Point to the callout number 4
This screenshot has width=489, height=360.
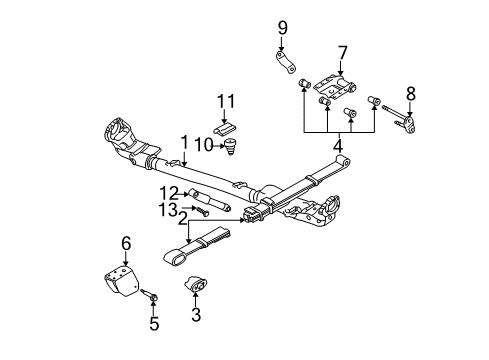(338, 146)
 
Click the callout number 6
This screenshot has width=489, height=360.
(126, 242)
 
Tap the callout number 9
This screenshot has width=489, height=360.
(283, 26)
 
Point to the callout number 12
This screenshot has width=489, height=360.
(173, 191)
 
